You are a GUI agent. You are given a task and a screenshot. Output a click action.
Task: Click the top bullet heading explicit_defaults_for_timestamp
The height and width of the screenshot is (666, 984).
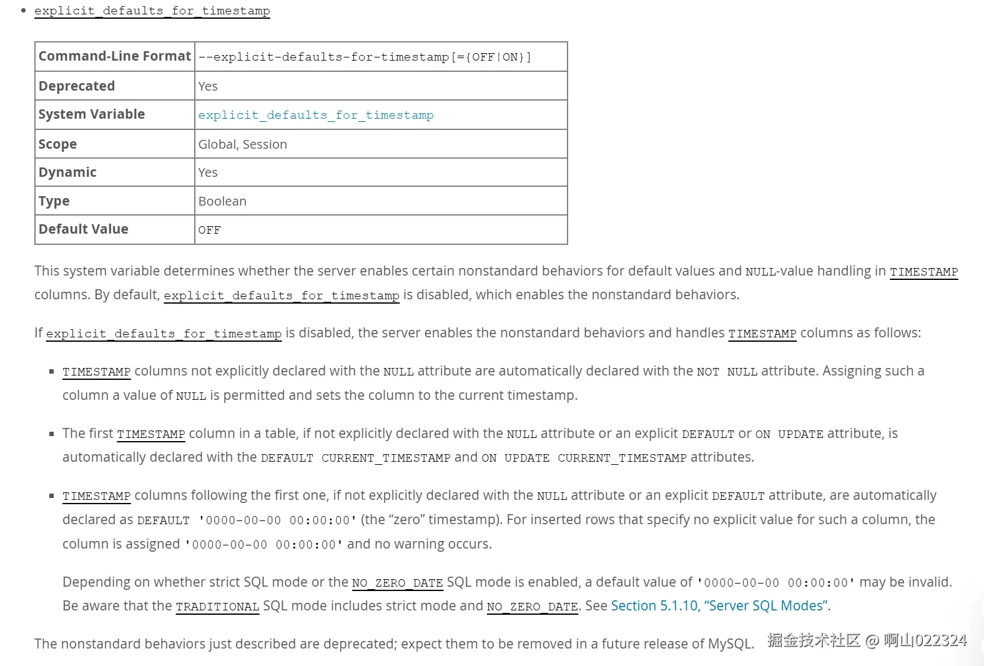152,11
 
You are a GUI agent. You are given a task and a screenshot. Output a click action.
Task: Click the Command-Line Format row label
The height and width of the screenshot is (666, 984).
114,56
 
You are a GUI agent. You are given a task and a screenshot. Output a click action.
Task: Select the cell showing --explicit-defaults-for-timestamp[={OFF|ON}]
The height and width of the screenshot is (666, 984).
365,57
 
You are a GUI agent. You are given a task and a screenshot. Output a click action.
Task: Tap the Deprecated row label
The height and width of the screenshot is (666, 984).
77,86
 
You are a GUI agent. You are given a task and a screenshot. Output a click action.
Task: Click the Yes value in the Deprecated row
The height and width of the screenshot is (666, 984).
208,86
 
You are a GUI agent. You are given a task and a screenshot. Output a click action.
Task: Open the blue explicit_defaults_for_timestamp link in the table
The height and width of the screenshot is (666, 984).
315,115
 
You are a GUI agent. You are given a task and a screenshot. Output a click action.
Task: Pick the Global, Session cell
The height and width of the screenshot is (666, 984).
242,144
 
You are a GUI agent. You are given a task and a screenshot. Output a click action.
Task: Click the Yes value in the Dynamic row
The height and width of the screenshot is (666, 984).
208,172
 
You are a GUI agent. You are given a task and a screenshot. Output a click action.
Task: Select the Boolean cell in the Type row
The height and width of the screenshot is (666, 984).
222,201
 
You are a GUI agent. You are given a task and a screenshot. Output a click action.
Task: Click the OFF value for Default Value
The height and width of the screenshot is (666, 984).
209,230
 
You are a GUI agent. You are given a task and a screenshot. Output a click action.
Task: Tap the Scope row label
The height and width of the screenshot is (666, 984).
57,144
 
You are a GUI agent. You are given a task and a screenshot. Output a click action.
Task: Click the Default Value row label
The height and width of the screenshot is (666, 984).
83,229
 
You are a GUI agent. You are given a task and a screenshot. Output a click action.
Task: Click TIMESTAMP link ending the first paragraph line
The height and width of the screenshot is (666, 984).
923,272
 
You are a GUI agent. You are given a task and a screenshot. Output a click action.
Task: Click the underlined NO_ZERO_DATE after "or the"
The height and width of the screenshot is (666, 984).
397,583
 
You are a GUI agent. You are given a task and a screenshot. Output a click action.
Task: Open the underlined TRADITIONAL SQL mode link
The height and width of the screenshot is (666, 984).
217,607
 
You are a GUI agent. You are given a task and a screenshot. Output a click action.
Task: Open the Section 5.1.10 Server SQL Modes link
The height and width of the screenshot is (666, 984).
719,606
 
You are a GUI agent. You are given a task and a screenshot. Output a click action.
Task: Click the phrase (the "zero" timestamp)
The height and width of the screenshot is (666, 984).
431,520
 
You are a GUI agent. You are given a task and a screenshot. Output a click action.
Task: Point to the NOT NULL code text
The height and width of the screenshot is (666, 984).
727,372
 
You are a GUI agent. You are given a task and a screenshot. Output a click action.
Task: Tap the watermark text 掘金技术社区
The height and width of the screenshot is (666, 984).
814,640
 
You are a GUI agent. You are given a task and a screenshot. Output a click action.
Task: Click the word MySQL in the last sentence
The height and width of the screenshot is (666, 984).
729,644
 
